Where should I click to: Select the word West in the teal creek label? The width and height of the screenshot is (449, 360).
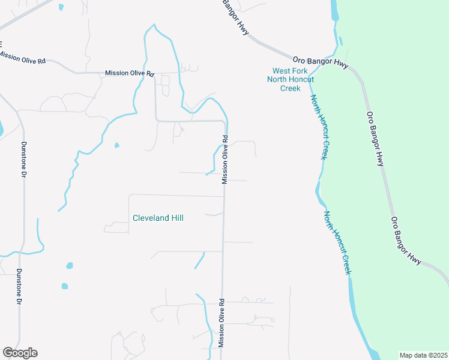point(277,71)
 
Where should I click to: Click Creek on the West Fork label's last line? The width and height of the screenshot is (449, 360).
point(290,88)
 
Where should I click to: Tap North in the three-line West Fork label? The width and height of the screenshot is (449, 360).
point(277,80)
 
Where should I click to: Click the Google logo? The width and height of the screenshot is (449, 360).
point(20,353)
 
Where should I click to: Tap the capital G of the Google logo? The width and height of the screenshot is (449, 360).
point(8,353)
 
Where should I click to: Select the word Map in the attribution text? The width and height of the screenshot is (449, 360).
point(406,355)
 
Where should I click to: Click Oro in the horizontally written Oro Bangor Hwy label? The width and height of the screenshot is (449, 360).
point(300,61)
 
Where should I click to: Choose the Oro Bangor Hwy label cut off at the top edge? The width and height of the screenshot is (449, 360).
point(235,16)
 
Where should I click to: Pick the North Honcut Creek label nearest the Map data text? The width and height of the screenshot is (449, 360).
point(337,242)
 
